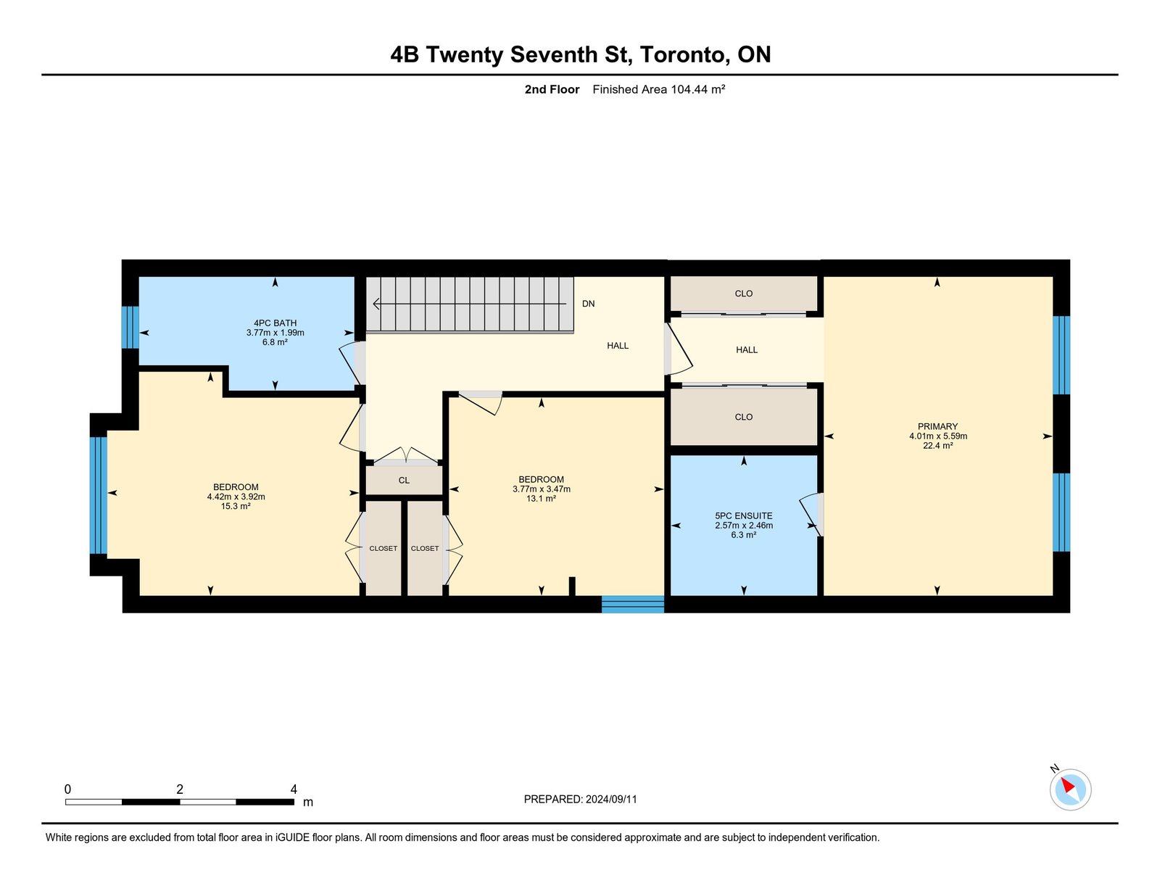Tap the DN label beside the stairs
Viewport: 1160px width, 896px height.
tap(588, 304)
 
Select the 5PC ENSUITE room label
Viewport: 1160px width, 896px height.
tap(744, 515)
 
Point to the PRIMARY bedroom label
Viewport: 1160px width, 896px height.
tap(937, 426)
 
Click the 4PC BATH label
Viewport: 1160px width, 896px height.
tap(275, 323)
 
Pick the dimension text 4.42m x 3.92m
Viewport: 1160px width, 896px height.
tap(236, 497)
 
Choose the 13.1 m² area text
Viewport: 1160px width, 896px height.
tap(542, 499)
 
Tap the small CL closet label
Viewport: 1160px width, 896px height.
tap(404, 481)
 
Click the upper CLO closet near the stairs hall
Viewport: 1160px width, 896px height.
tap(744, 294)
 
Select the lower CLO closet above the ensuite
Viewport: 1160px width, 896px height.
tap(744, 417)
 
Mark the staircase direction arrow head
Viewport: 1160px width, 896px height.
tap(376, 304)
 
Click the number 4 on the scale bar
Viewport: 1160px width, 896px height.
tap(294, 789)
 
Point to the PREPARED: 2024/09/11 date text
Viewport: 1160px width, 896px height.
tap(580, 799)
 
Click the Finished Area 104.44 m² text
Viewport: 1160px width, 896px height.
tap(659, 89)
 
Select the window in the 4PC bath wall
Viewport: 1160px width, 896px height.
tap(130, 327)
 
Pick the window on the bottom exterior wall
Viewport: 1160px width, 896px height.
tap(633, 604)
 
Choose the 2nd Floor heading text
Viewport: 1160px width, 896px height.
tap(552, 89)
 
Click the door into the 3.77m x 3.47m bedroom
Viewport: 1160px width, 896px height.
tap(481, 403)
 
